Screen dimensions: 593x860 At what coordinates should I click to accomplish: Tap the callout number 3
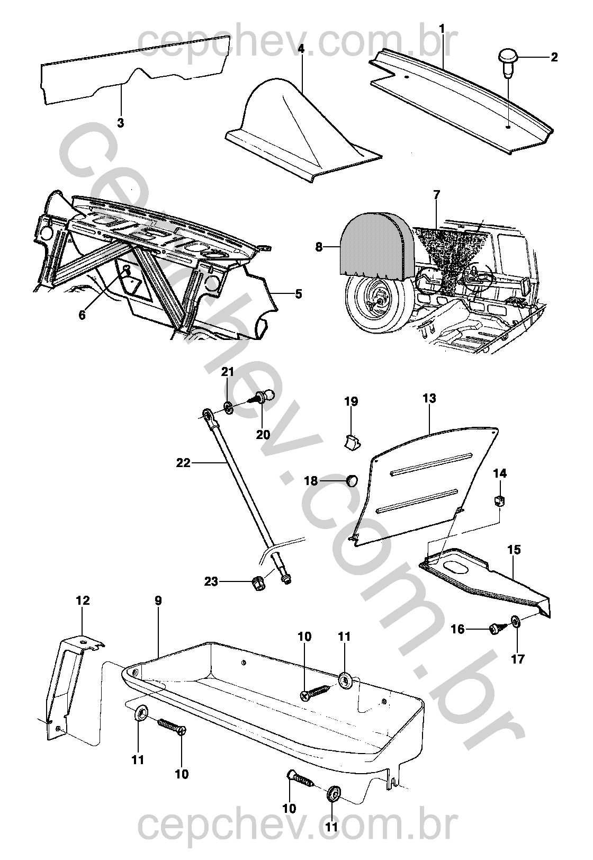tap(121, 123)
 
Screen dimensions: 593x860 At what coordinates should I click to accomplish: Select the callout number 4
tap(301, 48)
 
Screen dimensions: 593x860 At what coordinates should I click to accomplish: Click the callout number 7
tap(436, 194)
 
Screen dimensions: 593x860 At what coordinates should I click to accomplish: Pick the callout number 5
tap(298, 294)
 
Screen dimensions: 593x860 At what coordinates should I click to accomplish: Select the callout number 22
tap(183, 463)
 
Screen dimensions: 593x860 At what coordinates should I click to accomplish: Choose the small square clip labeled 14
tap(499, 501)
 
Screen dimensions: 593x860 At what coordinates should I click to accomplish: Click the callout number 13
tap(429, 398)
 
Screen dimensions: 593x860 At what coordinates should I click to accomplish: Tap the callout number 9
tap(158, 601)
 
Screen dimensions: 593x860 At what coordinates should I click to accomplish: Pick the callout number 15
tap(514, 550)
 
